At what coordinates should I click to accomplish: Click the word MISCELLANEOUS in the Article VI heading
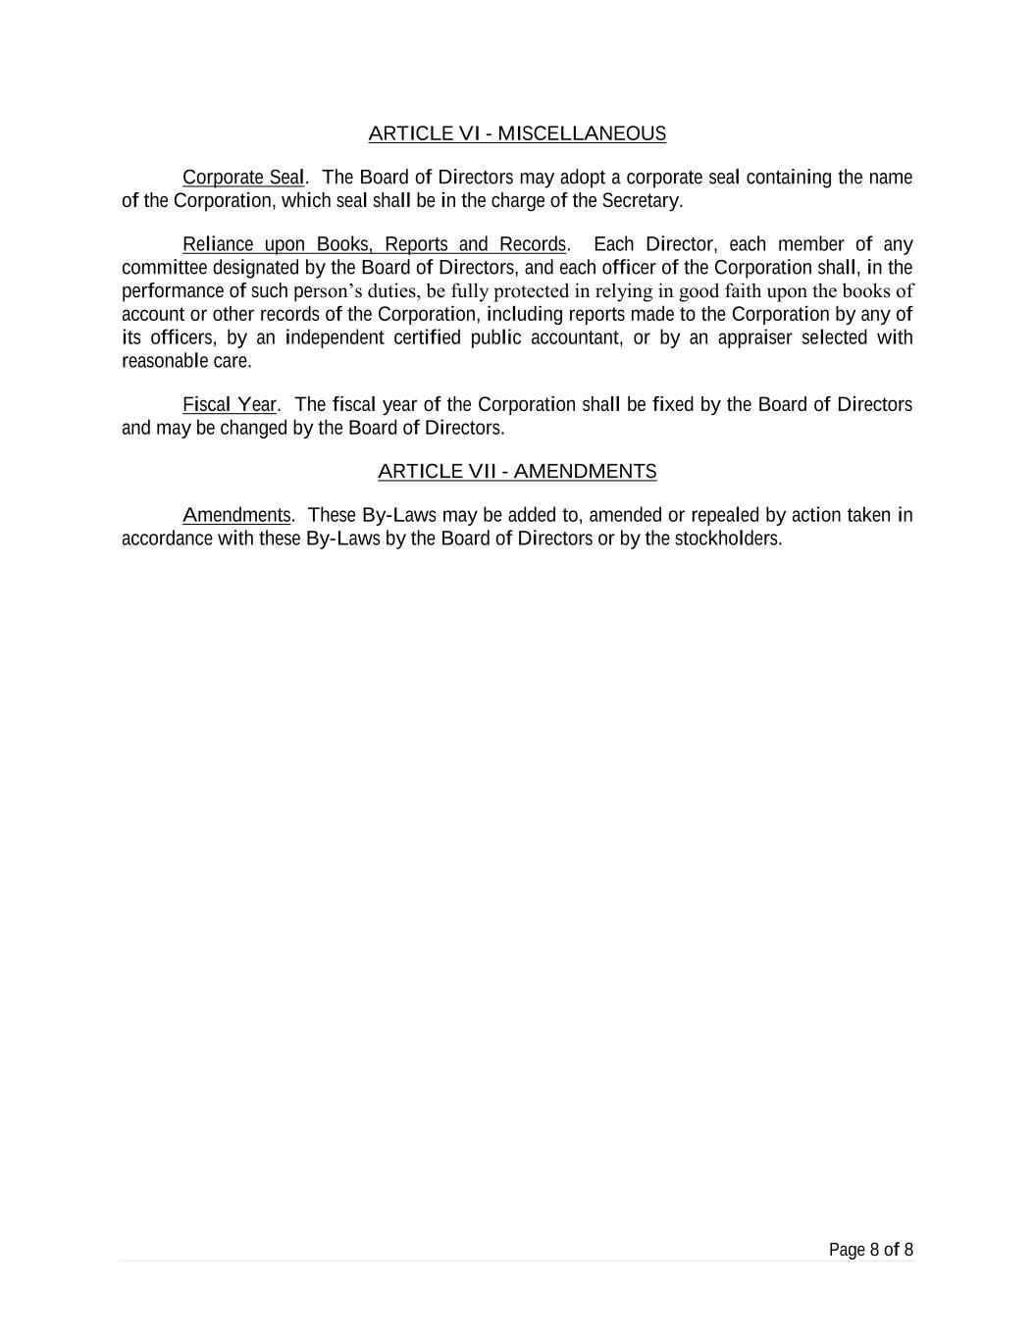(582, 133)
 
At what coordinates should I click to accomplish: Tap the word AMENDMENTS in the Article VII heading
(585, 472)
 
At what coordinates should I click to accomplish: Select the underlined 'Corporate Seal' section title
(243, 178)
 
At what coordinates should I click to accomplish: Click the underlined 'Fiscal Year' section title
(229, 405)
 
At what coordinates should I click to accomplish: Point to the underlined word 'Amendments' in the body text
(236, 516)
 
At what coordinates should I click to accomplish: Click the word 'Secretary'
(641, 201)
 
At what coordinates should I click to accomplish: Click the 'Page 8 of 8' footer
(870, 1250)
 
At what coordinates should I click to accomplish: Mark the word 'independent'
(335, 338)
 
